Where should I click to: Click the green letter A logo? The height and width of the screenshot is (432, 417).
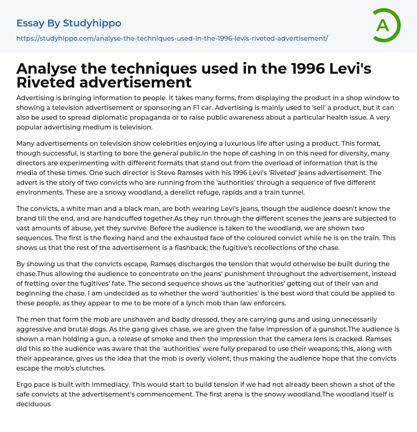(386, 25)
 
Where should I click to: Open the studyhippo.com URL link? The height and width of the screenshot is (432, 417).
(172, 38)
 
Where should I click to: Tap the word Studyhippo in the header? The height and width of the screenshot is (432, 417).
(92, 23)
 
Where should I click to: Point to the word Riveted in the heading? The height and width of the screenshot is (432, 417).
(45, 82)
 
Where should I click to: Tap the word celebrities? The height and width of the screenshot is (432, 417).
(154, 143)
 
